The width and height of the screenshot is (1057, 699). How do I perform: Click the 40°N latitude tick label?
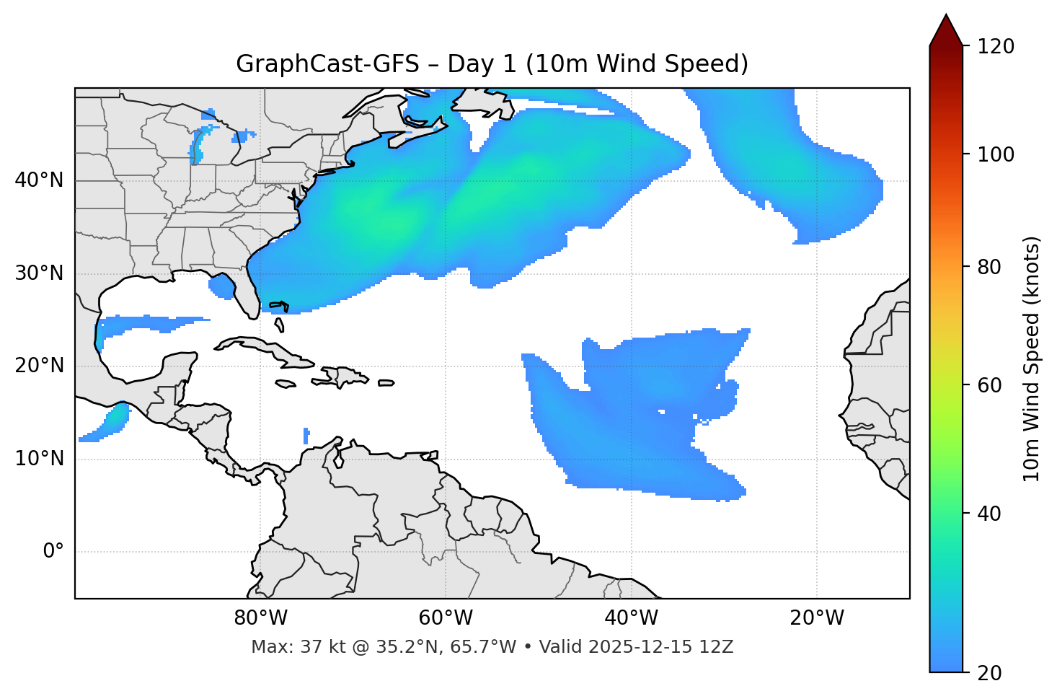pos(39,180)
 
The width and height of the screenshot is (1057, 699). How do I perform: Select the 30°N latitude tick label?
pos(39,273)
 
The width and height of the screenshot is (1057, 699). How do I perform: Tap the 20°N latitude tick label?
pos(39,366)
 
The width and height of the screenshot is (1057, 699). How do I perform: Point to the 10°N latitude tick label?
pos(39,459)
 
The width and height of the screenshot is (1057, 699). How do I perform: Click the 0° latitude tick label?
pos(53,552)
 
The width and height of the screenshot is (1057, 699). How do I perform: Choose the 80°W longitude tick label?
pos(260,618)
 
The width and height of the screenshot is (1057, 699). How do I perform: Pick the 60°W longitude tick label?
pos(446,618)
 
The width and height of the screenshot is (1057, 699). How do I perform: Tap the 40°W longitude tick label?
pos(631,618)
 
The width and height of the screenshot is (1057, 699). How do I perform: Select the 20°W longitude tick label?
pos(817,618)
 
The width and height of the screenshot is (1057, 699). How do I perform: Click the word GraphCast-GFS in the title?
pos(327,64)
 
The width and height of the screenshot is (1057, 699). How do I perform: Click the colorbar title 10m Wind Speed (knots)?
pos(1032,359)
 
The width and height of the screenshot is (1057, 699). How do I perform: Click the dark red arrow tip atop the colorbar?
pos(946,29)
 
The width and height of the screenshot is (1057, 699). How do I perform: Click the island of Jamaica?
pos(286,384)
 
